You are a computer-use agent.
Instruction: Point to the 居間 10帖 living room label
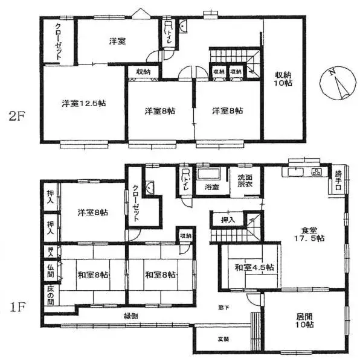tap(305, 320)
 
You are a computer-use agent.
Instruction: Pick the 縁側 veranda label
tap(131, 316)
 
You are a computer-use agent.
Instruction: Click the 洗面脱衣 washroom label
tap(245, 182)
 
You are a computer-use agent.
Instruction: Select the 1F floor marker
tap(16, 307)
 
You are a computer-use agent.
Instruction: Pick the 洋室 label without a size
tap(117, 41)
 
